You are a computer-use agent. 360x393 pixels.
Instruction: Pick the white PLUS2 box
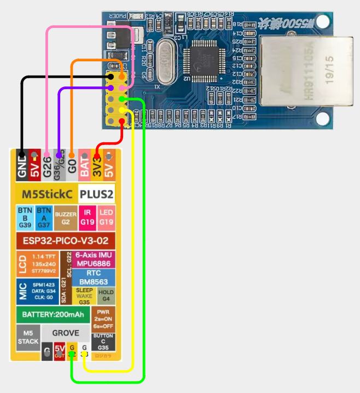click(96, 194)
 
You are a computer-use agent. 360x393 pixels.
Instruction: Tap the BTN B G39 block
click(25, 217)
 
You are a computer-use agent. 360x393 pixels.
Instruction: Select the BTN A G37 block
click(43, 217)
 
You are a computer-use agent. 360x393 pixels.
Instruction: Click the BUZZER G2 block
click(66, 217)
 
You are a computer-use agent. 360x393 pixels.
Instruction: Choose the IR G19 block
click(87, 217)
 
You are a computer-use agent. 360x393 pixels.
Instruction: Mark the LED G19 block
click(106, 217)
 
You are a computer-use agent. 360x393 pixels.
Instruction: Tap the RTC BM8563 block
click(94, 277)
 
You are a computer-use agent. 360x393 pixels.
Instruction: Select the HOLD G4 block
click(106, 296)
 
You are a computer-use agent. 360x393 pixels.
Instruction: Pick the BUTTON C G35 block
click(103, 342)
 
